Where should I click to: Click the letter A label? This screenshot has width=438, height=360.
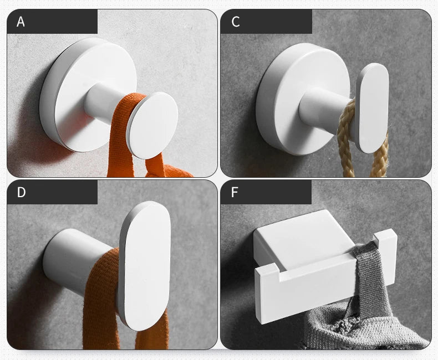21,22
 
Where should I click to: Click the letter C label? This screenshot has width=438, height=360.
236,22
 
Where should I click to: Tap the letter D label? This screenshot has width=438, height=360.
21,192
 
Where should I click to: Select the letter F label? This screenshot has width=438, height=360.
235,192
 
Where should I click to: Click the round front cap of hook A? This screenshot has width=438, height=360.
152,125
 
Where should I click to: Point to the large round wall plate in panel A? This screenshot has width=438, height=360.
84,95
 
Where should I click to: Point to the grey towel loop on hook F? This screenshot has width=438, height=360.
368,276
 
